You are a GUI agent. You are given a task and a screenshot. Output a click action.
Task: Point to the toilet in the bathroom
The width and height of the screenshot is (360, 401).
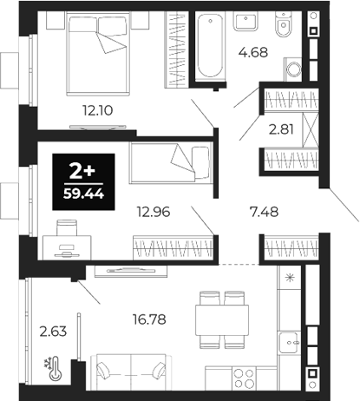(283, 29)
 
